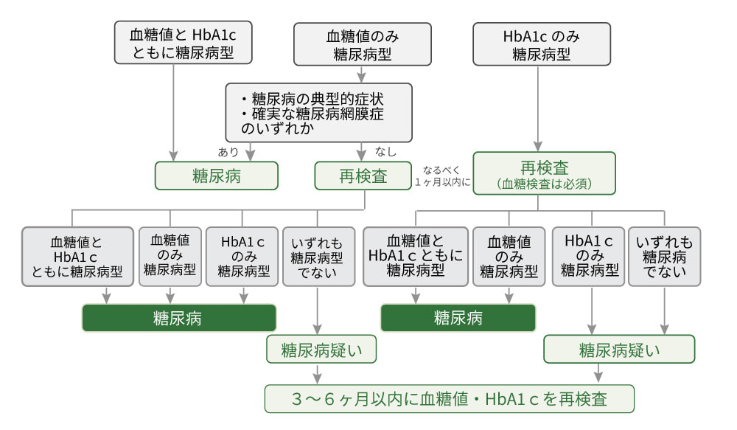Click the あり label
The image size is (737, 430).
tap(228, 152)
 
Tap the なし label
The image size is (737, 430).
tap(385, 152)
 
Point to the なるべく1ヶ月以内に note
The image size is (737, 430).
tap(442, 176)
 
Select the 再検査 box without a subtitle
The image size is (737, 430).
tap(363, 176)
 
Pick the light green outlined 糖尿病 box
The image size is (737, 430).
tap(216, 176)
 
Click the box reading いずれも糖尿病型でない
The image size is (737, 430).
tap(317, 256)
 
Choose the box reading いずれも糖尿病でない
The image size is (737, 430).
tap(664, 256)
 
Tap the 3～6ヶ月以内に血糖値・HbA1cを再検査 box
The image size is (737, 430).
tap(450, 399)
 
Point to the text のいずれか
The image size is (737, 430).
tap(278, 128)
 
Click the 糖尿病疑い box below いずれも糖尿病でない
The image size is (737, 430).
tap(619, 350)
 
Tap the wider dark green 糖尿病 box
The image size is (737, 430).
tap(178, 318)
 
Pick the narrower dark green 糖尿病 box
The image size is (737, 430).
tap(458, 318)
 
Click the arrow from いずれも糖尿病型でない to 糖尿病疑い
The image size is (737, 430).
tap(318, 310)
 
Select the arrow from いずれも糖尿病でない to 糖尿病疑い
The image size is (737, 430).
tap(664, 310)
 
